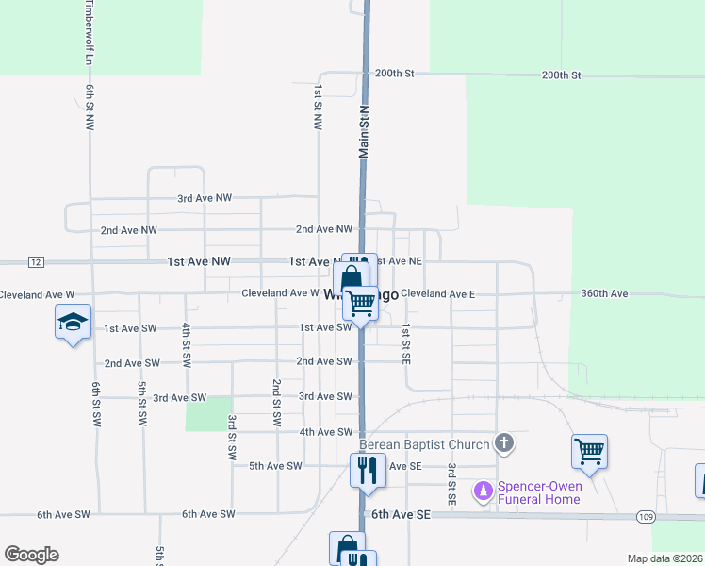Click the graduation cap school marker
(74, 323)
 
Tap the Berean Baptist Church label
(424, 444)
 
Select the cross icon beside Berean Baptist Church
(504, 442)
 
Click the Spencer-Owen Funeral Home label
(540, 492)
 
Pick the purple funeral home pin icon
(484, 491)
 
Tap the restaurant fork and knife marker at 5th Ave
(368, 470)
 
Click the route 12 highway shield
(36, 261)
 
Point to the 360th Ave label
(604, 294)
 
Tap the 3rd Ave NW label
(205, 199)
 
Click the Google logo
(31, 555)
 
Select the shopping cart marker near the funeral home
(589, 452)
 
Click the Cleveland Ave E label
(437, 294)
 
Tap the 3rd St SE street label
(452, 482)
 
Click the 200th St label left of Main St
(394, 74)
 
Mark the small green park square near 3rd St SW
(208, 413)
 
